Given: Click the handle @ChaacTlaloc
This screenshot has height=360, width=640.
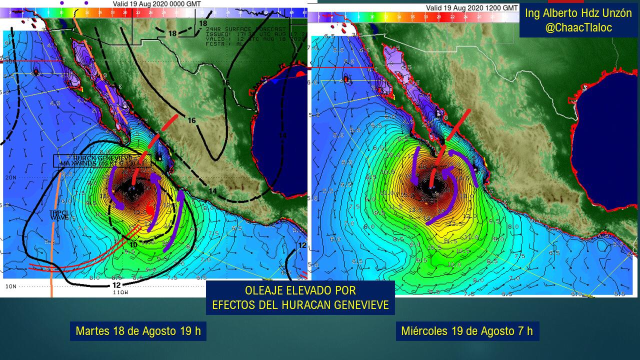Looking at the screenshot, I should click(578, 28).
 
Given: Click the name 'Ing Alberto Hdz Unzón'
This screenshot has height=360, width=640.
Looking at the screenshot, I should click(578, 13).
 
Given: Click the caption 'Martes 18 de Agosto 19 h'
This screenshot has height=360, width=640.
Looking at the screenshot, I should click(138, 331).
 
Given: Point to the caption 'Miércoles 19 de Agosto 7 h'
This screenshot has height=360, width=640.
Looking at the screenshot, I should click(467, 331).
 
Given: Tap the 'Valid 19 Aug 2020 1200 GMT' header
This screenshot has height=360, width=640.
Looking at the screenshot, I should click(471, 7).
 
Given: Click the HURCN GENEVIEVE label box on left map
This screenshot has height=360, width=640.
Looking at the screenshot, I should click(102, 160).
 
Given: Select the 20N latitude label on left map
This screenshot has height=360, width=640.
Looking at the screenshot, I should click(10, 177).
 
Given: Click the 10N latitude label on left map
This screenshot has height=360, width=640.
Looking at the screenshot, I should click(10, 286).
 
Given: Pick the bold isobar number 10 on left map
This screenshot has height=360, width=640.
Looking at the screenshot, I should click(133, 244).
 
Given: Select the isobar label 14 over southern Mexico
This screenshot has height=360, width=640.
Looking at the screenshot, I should click(212, 190).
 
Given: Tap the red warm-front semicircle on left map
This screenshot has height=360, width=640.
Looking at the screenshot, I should click(300, 74).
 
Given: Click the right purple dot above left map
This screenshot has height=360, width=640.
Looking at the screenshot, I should click(86, 2).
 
